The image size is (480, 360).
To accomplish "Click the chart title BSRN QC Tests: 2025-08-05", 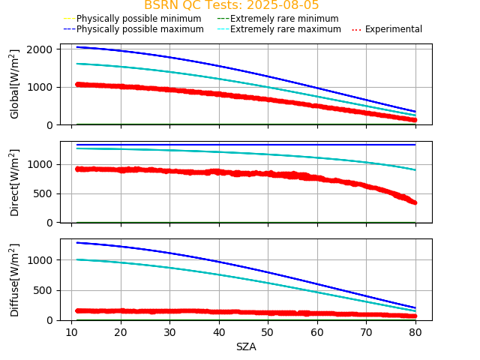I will (x=231, y=5).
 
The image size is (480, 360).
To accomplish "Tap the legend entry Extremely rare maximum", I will (x=285, y=29).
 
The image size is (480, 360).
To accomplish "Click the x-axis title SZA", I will (x=246, y=346).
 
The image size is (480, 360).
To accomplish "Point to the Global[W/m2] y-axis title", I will (x=15, y=84).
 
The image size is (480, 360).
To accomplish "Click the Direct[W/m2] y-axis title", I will (x=15, y=182).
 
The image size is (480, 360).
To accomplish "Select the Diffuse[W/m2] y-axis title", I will (x=15, y=280).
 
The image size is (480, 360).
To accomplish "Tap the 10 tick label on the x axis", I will (x=71, y=332).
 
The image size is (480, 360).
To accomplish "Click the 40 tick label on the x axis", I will (x=219, y=332).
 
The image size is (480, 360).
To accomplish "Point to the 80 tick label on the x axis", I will (x=416, y=332).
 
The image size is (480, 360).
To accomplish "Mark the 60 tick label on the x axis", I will (x=318, y=332).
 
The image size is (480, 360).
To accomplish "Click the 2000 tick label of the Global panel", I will (x=40, y=49).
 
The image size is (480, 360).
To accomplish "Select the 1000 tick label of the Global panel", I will (x=40, y=87).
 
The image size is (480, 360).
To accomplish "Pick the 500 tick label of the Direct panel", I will (x=43, y=193).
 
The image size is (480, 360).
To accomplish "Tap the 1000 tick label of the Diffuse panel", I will (x=40, y=260).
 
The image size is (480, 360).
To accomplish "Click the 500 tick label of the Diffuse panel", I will (x=43, y=290).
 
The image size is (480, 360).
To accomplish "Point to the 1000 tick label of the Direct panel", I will (x=40, y=164).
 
